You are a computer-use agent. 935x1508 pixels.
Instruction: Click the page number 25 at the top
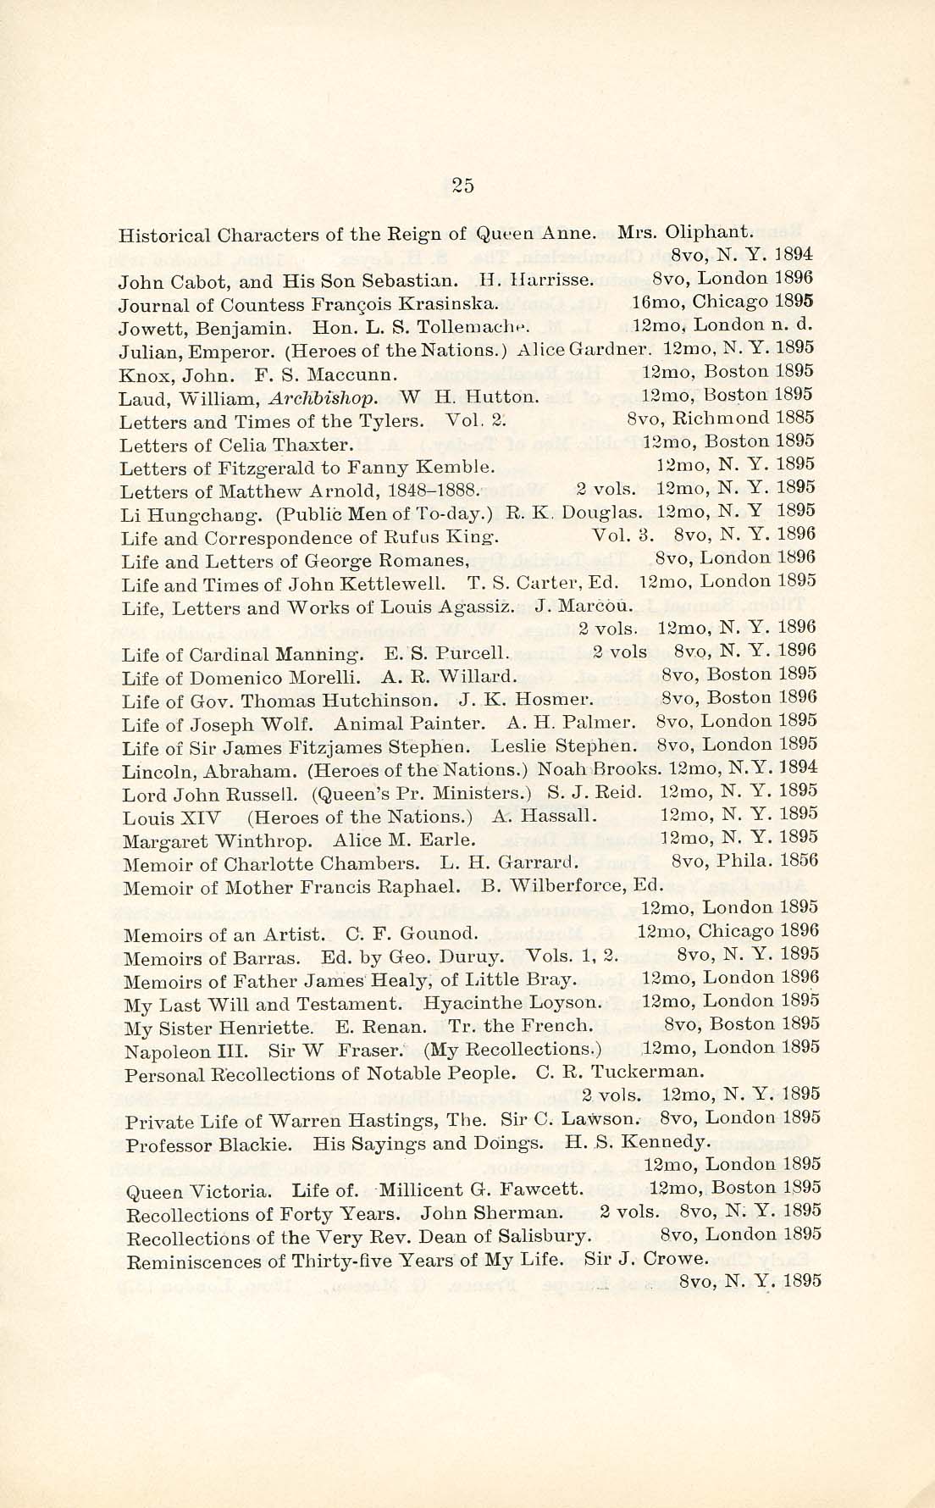[463, 187]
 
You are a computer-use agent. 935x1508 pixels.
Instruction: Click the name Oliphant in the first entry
[708, 230]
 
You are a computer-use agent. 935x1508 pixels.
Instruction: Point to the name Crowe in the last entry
[675, 1258]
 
